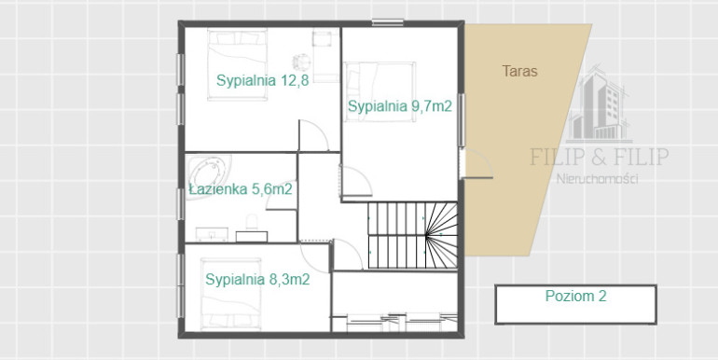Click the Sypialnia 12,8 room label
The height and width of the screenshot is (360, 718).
262,80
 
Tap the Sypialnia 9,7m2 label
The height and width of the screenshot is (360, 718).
400,106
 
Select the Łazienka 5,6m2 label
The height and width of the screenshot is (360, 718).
241,189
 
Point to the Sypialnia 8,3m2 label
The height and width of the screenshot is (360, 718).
257,280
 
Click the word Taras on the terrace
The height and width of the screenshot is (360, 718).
519,72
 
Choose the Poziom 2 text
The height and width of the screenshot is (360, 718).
575,296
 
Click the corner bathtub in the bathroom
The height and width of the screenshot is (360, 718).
209,174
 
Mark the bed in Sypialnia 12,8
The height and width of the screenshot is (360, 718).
237,64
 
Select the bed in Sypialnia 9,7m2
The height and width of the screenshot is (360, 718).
380,91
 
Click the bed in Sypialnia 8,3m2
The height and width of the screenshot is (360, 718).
231,294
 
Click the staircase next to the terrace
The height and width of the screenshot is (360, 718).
412,235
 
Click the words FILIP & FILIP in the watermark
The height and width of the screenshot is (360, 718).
600,157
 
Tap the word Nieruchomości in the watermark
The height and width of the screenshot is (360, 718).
597,179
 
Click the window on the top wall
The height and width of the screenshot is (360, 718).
387,22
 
